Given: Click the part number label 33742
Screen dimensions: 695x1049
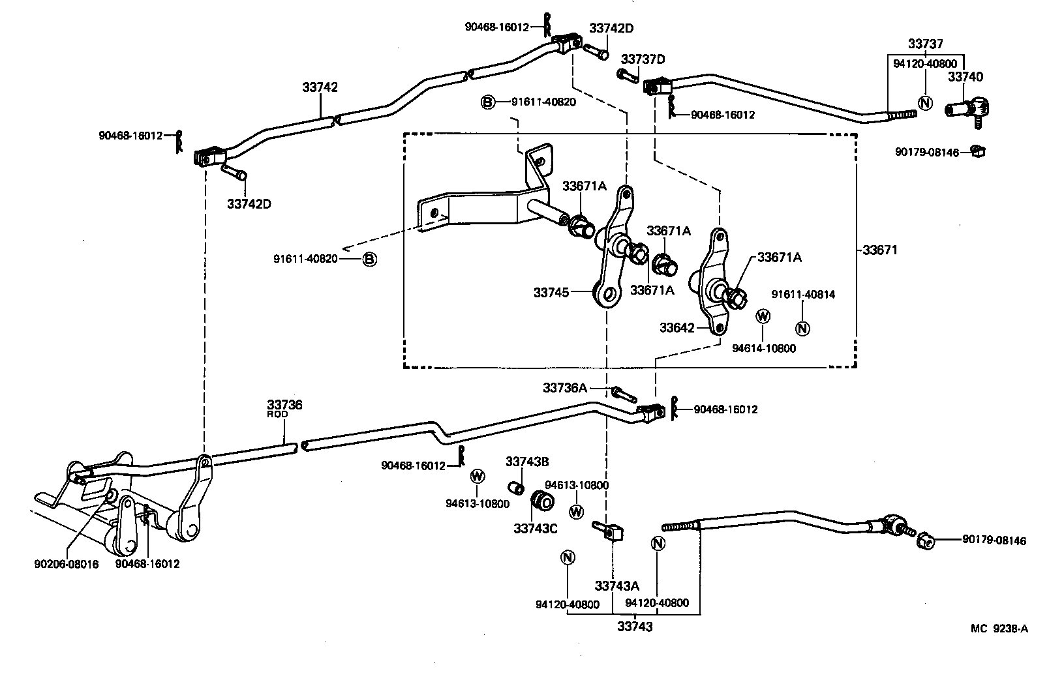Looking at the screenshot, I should click(320, 87).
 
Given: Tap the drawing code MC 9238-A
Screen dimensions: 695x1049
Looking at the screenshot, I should click(999, 628).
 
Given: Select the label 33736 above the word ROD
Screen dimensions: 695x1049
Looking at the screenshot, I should click(284, 405).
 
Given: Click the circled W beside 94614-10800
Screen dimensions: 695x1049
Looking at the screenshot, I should click(763, 317).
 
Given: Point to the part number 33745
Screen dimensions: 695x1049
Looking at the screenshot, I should click(551, 293).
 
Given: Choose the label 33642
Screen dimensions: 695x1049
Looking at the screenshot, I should click(677, 328).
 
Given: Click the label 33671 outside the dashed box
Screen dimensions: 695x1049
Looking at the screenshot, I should click(880, 250).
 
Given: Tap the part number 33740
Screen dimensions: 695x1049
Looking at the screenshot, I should click(965, 77).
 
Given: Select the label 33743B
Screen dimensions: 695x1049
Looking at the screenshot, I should click(527, 462).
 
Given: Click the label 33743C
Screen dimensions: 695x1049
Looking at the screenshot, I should click(535, 529).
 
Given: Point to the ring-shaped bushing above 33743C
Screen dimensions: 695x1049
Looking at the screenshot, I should click(544, 501).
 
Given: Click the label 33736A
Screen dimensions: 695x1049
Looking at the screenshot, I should click(564, 388).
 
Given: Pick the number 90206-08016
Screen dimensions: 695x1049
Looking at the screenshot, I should click(66, 564).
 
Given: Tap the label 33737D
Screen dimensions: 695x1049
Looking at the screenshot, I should click(643, 59).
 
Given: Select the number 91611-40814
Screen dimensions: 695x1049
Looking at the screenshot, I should click(803, 295).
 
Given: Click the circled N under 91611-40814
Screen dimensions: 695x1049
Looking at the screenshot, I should click(803, 329).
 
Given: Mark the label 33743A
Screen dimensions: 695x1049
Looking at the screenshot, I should click(616, 586).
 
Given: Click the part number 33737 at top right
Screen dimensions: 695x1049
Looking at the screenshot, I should click(926, 44).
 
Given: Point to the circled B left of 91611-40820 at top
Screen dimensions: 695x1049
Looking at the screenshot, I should click(488, 102).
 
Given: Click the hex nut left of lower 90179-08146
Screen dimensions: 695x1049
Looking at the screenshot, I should click(924, 540).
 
